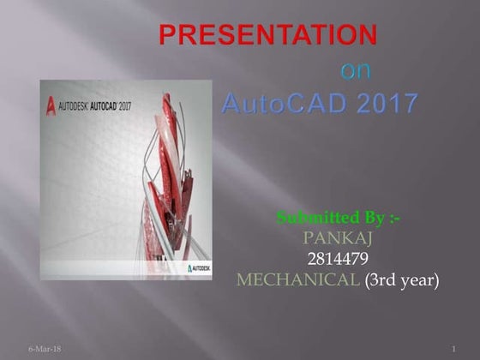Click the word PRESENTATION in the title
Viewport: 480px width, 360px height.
click(x=268, y=35)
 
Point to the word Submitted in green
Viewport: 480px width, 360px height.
click(x=309, y=218)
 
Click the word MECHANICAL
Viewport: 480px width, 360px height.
click(x=297, y=279)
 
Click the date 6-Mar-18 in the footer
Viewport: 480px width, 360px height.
click(x=39, y=351)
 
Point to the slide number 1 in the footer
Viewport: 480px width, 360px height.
click(x=452, y=351)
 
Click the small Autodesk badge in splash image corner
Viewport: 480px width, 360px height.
click(x=199, y=269)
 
